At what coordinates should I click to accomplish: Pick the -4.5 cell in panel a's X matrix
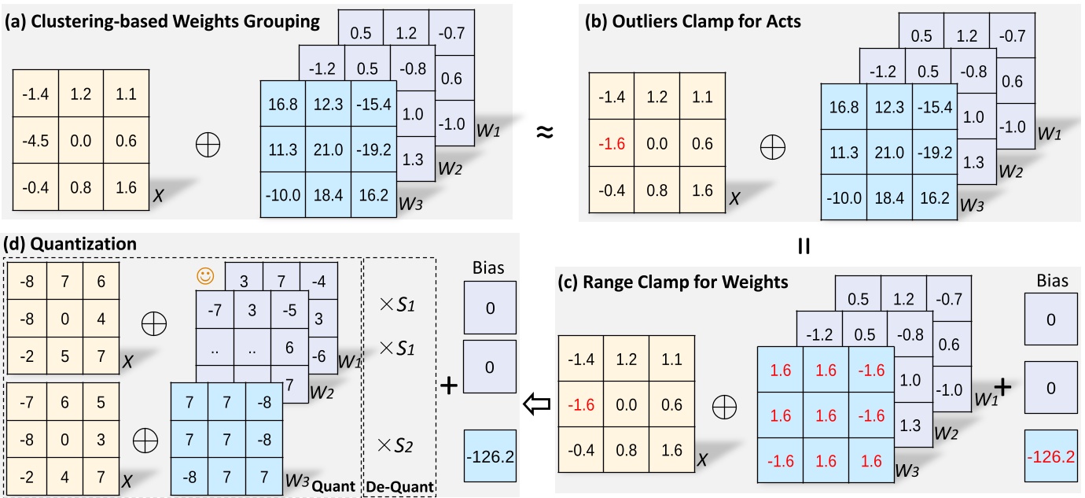tap(35, 142)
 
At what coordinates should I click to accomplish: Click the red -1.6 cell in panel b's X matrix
tap(611, 142)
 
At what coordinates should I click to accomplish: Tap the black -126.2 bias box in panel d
tap(490, 456)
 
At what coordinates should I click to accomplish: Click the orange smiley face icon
tap(205, 276)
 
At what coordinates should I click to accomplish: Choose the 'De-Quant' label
tap(400, 488)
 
